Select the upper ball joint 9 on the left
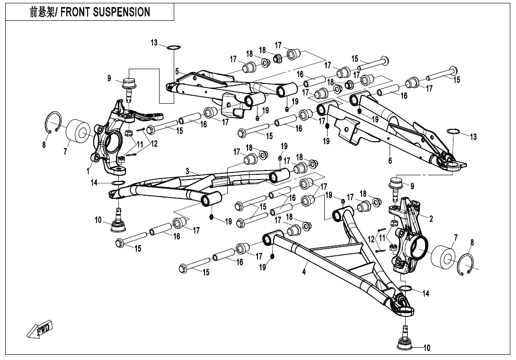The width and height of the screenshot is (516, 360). (129, 86)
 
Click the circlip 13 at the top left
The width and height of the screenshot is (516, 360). (174, 46)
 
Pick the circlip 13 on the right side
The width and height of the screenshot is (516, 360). (453, 131)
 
